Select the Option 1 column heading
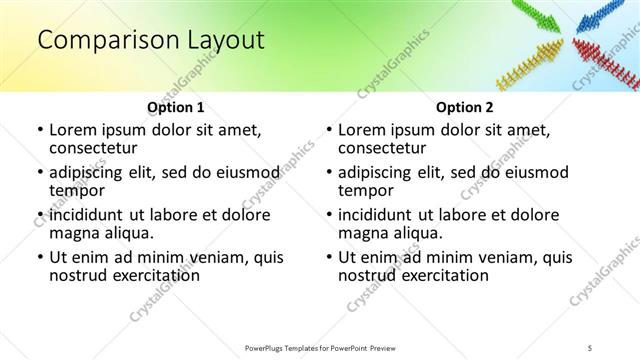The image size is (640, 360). [175, 107]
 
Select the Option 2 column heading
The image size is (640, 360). [464, 107]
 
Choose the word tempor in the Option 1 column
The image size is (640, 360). [76, 190]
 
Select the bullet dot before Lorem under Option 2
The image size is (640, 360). [329, 130]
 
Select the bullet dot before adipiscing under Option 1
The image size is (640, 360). [40, 173]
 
